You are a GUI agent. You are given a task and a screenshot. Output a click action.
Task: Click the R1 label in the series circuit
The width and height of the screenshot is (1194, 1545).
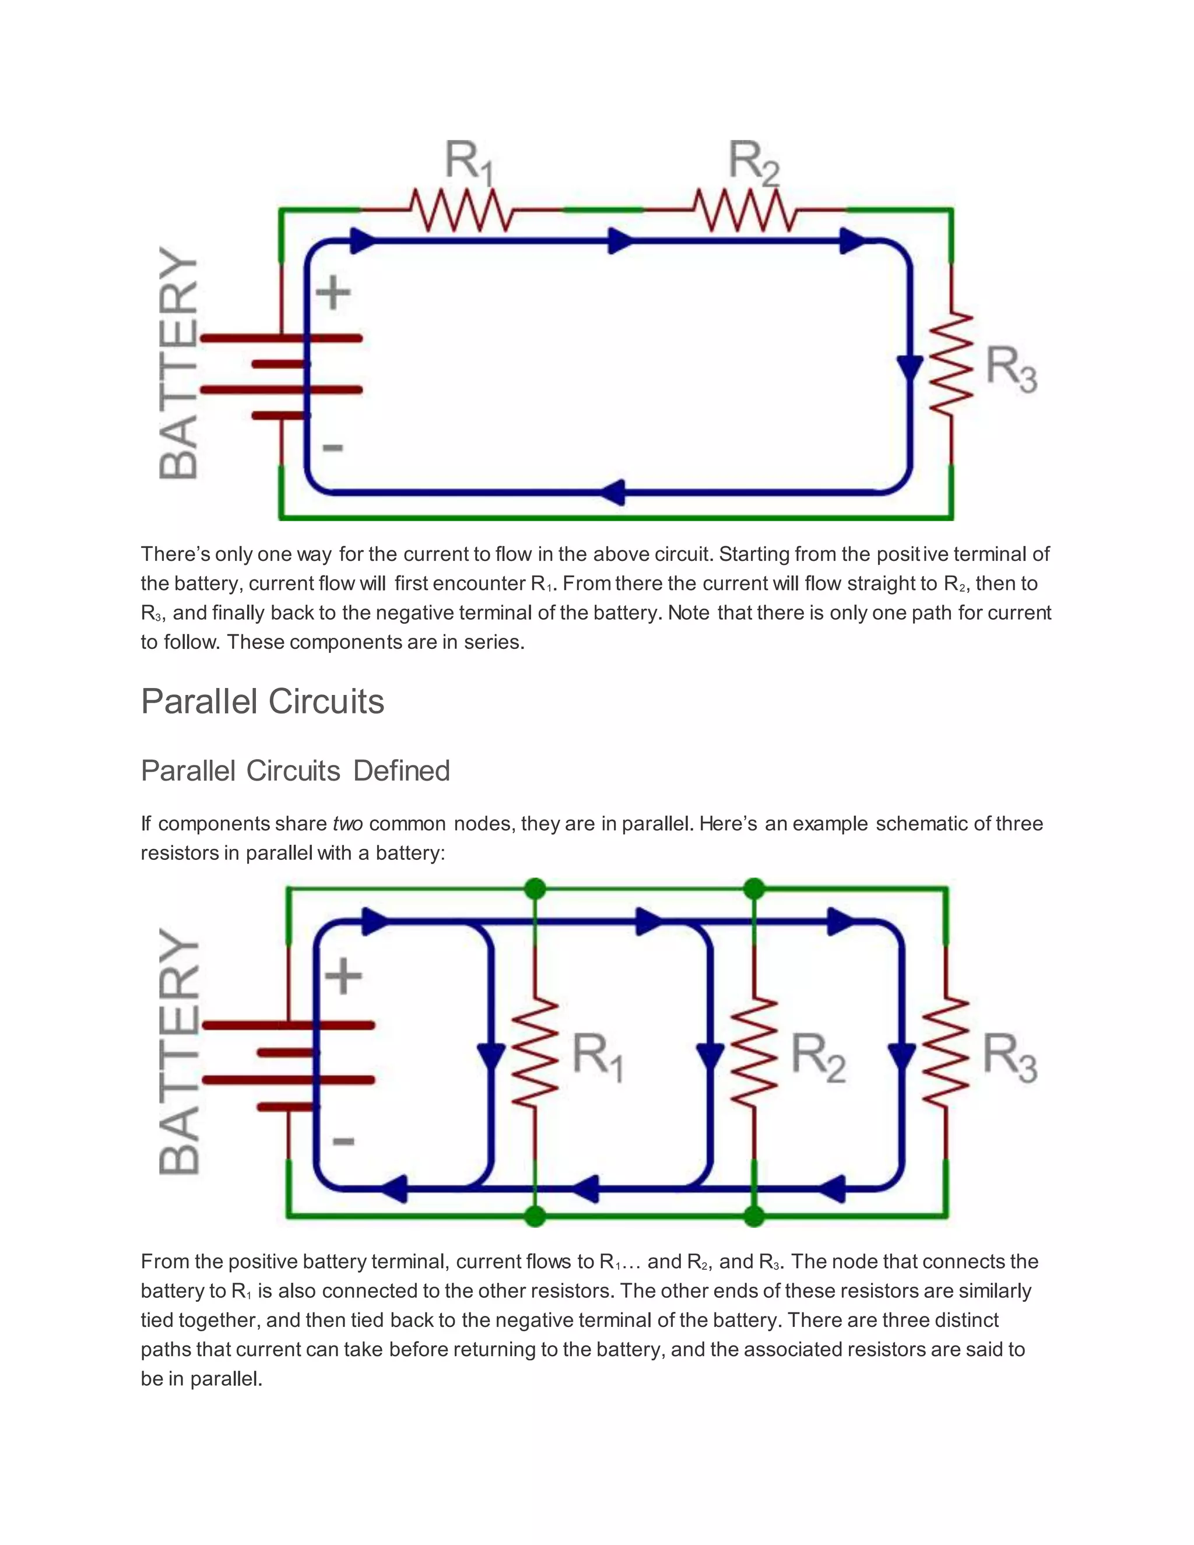coord(468,163)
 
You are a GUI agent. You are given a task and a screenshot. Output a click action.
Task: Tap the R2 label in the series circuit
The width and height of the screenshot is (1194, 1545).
coord(753,163)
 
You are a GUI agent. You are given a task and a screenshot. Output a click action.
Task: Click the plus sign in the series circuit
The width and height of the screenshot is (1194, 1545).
coord(332,293)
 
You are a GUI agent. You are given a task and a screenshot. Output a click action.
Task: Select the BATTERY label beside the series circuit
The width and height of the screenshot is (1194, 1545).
coord(178,363)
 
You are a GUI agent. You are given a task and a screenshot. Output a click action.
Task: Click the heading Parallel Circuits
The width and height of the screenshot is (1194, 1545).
coord(262,702)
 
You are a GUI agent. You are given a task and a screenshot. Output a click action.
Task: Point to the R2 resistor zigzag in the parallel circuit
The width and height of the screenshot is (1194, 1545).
coord(754,1052)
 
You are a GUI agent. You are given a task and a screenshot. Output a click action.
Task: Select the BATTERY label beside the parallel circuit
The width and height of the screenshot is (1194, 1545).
coord(179,1052)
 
